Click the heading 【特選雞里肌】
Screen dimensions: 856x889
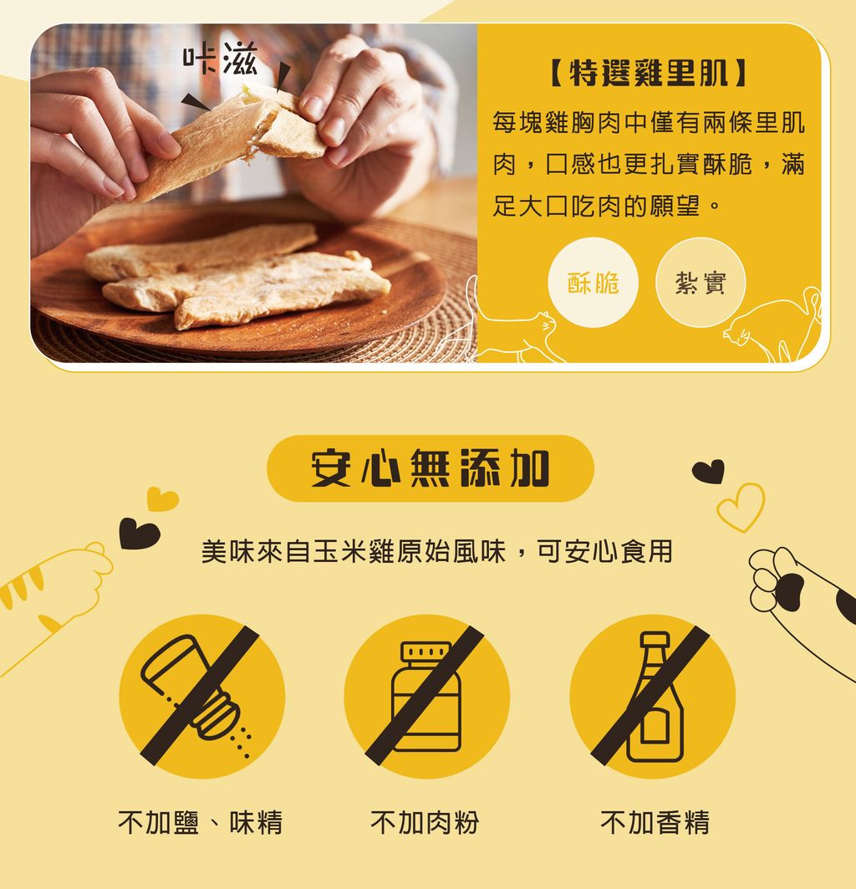[x=649, y=74]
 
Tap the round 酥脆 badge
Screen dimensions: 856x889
[x=593, y=283]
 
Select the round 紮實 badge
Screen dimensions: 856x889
[x=701, y=283]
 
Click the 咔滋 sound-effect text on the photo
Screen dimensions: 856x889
[x=220, y=59]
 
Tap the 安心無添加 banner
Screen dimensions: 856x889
[x=431, y=468]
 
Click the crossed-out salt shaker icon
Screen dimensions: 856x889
[x=201, y=697]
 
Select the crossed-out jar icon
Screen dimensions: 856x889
[x=427, y=697]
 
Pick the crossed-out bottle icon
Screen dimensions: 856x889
[x=653, y=697]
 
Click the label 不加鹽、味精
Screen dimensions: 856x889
[x=200, y=823]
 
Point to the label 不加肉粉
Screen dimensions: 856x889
[x=425, y=823]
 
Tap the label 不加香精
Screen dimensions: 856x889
[x=655, y=823]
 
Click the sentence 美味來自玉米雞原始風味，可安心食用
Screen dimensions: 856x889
[x=437, y=552]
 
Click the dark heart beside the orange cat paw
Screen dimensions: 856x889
[x=139, y=533]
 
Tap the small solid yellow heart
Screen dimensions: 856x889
[x=162, y=499]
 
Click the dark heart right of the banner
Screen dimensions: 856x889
[x=709, y=471]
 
